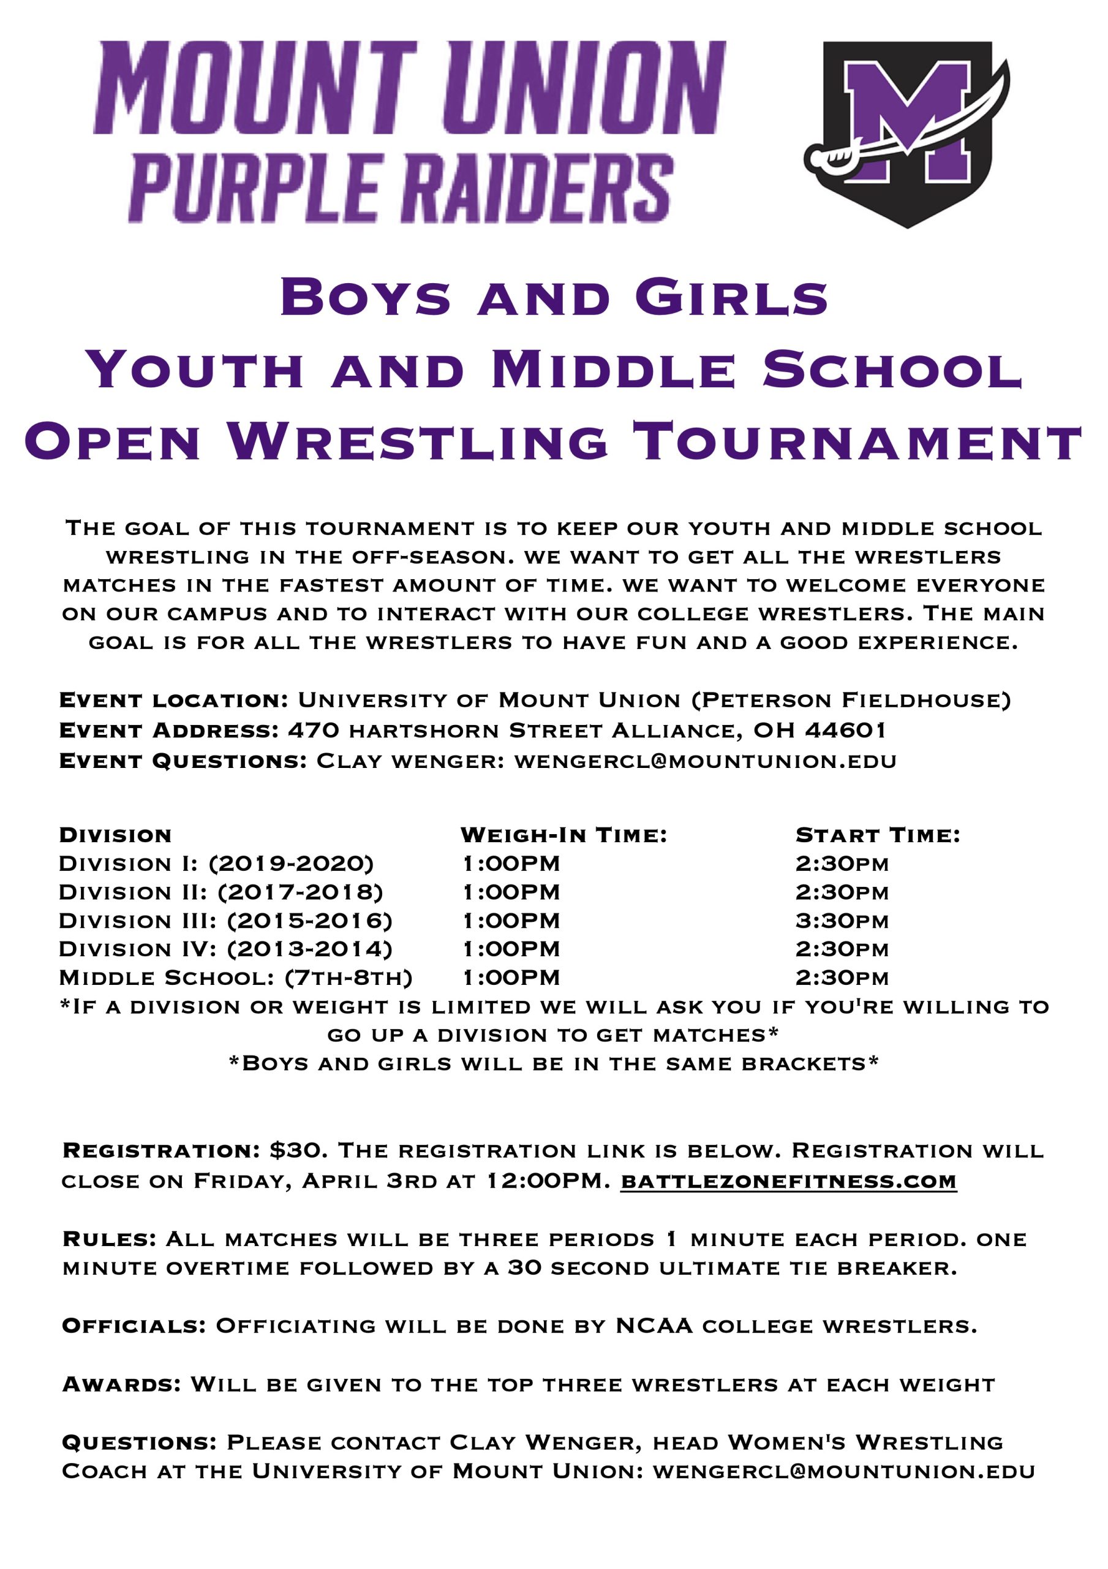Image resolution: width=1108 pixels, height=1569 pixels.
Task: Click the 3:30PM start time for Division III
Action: click(x=842, y=921)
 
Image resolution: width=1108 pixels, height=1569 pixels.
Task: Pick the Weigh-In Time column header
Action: click(x=563, y=835)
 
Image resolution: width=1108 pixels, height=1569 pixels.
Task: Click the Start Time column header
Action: click(x=878, y=835)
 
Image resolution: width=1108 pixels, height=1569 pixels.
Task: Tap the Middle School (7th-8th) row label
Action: click(x=236, y=978)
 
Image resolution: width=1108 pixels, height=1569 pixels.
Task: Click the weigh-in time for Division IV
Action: click(x=511, y=949)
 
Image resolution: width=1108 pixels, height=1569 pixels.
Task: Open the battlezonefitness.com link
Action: click(x=788, y=1181)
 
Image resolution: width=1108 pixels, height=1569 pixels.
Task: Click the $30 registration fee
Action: click(x=295, y=1151)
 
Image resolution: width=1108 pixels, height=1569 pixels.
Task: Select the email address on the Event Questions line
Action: click(x=705, y=761)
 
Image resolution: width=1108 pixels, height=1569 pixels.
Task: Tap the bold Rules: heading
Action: click(x=109, y=1239)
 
